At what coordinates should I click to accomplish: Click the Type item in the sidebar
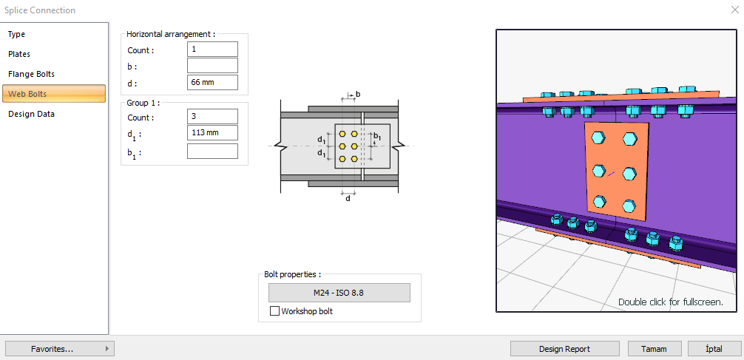(x=17, y=34)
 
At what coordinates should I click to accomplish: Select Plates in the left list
(x=19, y=54)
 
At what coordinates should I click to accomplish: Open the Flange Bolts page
(x=31, y=74)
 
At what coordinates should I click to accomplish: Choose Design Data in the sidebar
(x=31, y=114)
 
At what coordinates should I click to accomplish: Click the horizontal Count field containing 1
(x=212, y=50)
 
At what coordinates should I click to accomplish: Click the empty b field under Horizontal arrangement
(x=212, y=66)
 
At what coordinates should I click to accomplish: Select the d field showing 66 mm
(x=212, y=83)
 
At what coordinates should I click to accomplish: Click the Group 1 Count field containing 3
(x=212, y=117)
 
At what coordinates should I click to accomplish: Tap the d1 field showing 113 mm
(x=212, y=133)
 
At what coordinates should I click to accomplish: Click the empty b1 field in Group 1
(x=212, y=152)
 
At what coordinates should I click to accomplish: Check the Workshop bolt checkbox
(x=275, y=311)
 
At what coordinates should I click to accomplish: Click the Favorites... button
(x=59, y=348)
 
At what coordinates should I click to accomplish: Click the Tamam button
(x=655, y=349)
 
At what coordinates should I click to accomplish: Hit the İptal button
(x=714, y=349)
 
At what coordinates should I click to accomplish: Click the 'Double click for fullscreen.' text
(x=670, y=302)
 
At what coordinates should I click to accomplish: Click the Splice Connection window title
(x=40, y=10)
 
